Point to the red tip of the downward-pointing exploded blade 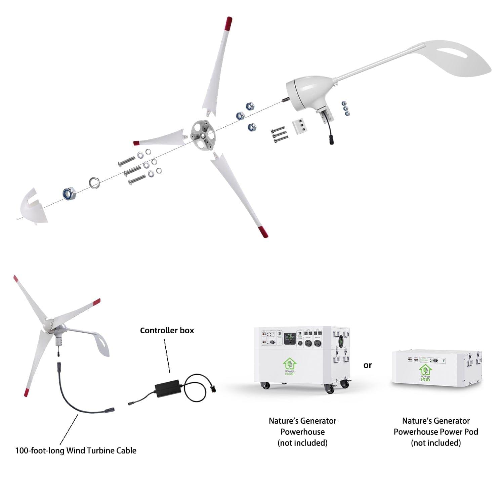coord(262,232)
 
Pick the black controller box coord(167,386)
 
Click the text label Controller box coord(167,331)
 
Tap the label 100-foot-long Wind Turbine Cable coord(76,451)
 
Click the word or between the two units coord(368,365)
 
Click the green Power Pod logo coord(425,373)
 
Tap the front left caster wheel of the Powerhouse coord(265,386)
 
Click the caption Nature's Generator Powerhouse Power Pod coord(436,432)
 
